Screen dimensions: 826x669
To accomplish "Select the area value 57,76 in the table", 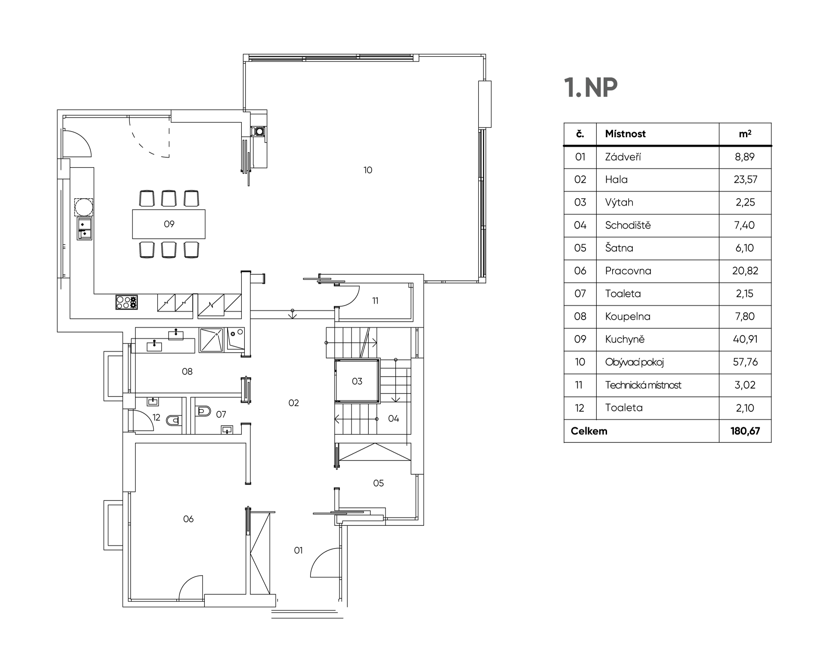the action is point(745,362).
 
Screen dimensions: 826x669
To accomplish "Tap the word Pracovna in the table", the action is point(628,271).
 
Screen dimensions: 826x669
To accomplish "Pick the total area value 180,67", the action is point(745,431).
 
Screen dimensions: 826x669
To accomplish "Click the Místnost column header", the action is point(625,134).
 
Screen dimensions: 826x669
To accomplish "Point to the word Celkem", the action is point(589,431).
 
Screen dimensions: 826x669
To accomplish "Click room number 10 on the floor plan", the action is point(368,170).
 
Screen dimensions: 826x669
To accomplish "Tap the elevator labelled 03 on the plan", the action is point(357,381).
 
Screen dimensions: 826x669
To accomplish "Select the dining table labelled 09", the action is point(169,224).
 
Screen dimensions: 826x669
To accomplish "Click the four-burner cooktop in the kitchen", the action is point(126,302).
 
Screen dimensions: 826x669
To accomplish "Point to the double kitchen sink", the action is point(85,228).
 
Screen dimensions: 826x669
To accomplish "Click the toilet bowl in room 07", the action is point(203,411).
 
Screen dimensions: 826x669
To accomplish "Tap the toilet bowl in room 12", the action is point(174,420).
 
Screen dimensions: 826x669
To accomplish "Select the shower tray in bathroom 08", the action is point(212,340).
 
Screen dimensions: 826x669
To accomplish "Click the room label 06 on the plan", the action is point(188,519).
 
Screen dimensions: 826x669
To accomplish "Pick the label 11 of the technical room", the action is point(376,301).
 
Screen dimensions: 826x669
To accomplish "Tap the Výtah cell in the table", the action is point(619,203).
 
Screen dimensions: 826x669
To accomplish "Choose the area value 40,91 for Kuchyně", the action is point(745,339).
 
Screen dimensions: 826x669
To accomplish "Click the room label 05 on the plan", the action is point(379,483).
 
